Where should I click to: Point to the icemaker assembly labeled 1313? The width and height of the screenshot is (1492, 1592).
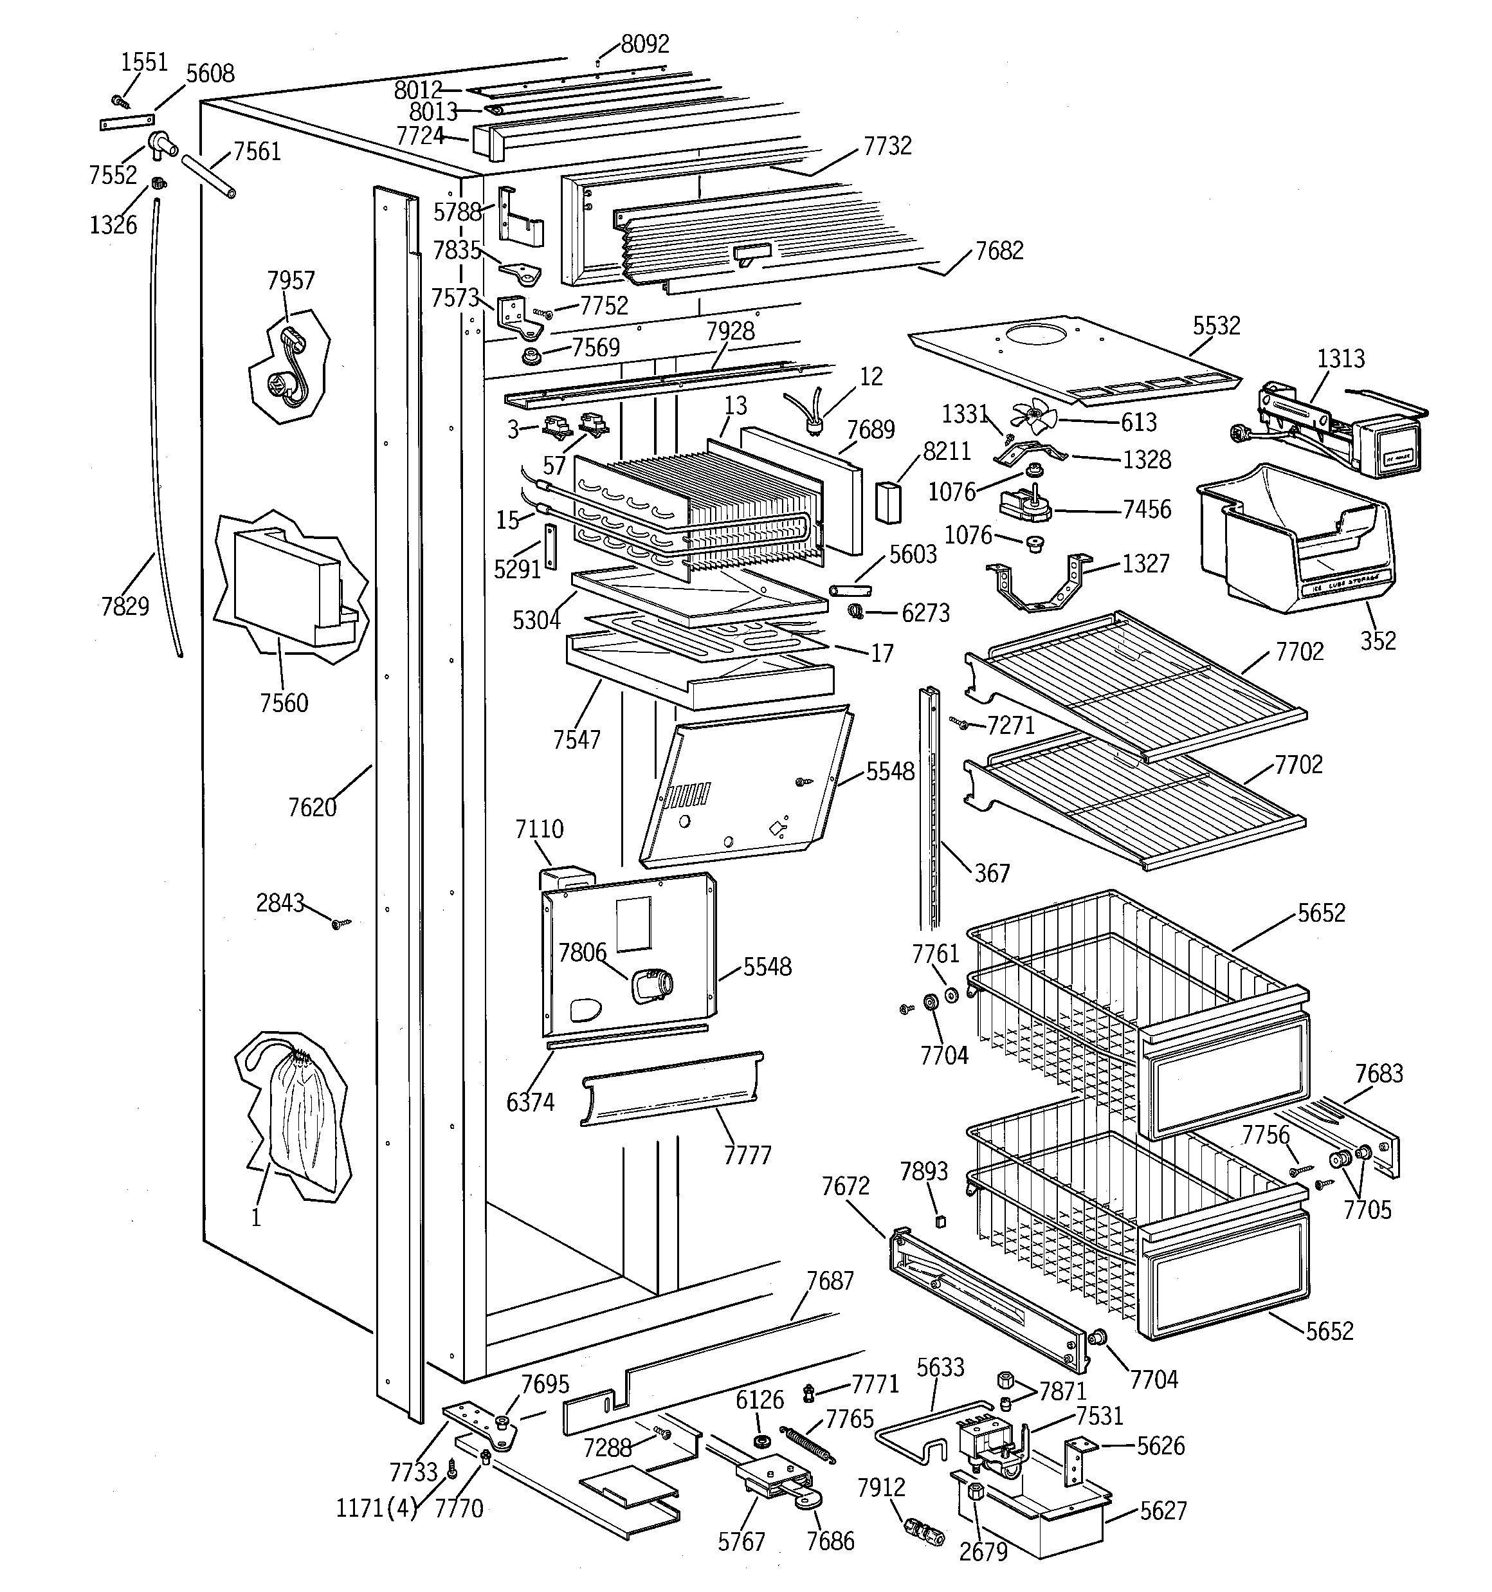1329,432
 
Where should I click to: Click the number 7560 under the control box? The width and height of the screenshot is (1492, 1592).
284,703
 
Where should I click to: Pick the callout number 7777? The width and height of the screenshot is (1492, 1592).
747,1155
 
